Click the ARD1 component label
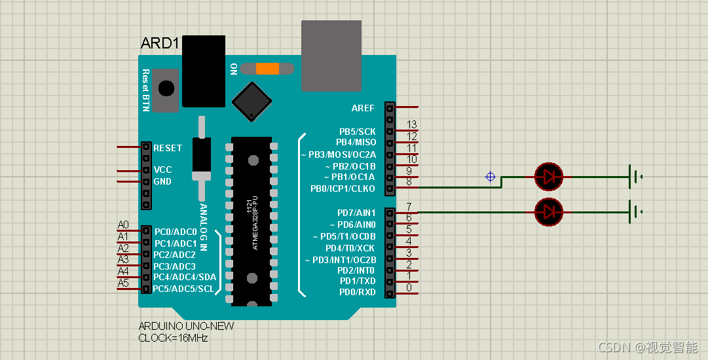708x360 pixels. tap(160, 44)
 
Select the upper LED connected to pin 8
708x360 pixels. tap(548, 175)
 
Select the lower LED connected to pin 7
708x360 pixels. tap(548, 211)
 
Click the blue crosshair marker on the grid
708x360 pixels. tap(490, 176)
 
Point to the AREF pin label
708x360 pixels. tap(363, 108)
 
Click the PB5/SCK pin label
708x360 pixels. tap(357, 132)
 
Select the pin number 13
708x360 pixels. tap(411, 124)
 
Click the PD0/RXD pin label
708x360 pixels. tap(357, 292)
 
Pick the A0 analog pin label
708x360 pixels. tap(123, 225)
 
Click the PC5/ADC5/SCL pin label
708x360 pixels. tap(183, 289)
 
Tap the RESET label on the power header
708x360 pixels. tap(168, 148)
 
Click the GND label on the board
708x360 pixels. tap(162, 181)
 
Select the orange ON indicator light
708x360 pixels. tap(267, 69)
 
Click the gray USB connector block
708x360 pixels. tap(331, 56)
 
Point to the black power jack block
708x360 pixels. tap(203, 71)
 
